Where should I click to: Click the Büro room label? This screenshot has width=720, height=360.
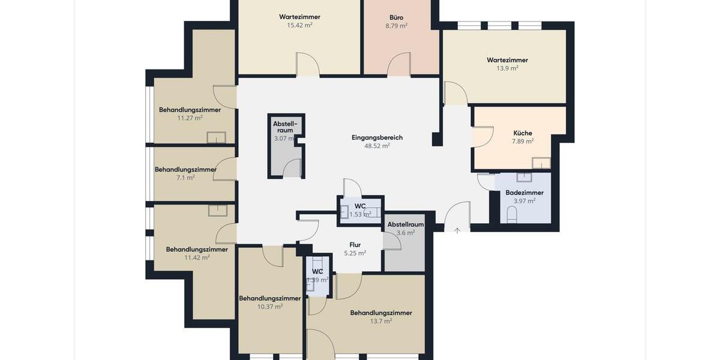(396, 17)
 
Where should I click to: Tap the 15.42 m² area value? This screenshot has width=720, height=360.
(299, 25)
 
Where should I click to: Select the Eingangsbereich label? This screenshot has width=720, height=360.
(377, 137)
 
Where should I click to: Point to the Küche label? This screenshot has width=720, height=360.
(523, 133)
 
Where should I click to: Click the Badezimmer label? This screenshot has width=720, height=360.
(524, 193)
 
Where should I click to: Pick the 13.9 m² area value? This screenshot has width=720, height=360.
(507, 68)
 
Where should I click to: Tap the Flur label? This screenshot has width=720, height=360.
(355, 245)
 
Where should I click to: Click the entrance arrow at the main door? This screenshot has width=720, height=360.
(457, 230)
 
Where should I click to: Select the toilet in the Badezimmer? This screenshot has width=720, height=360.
(512, 214)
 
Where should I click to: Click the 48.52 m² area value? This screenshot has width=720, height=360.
(377, 146)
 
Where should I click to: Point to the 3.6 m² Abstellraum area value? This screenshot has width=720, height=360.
(406, 233)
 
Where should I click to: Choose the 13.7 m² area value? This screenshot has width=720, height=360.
(381, 321)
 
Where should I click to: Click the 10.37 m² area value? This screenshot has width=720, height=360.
(270, 307)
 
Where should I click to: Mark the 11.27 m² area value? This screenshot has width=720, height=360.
(190, 118)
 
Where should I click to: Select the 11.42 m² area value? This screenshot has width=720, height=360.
(197, 257)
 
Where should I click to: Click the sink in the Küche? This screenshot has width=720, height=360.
(541, 163)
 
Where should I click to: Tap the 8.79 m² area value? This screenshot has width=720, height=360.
(396, 26)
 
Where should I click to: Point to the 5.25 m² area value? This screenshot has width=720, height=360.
(355, 253)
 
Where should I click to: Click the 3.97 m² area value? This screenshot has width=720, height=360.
(524, 201)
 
